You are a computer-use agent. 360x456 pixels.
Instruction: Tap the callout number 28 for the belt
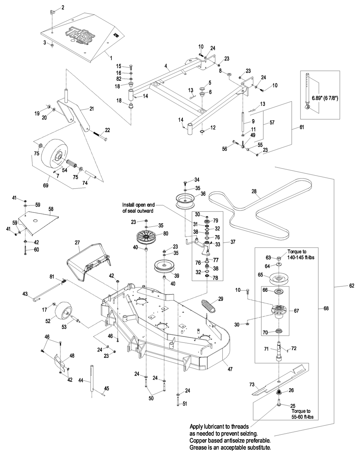click(x=254, y=191)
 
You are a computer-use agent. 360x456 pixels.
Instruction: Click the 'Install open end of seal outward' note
click(x=138, y=208)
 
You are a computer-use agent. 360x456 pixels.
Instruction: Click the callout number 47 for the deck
click(x=230, y=369)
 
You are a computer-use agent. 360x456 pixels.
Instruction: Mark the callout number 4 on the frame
click(x=166, y=65)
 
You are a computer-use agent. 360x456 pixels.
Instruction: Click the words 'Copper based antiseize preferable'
click(x=231, y=441)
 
